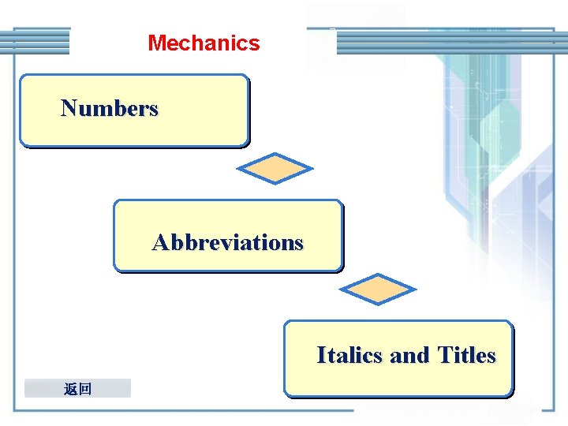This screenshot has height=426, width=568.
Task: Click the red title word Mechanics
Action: (x=204, y=43)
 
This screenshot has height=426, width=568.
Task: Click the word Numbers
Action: (x=110, y=108)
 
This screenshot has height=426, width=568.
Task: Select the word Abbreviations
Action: (x=227, y=242)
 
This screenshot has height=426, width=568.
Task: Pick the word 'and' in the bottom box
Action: (x=409, y=356)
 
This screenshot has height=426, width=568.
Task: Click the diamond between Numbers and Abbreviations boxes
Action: (x=275, y=168)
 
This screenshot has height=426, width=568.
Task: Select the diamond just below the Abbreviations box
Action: (x=381, y=290)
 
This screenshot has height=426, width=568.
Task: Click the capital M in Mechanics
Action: (x=155, y=43)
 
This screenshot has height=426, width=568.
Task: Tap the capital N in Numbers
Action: (x=69, y=108)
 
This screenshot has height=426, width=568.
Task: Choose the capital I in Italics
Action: (x=321, y=356)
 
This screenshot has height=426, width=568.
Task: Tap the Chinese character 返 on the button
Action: (x=71, y=388)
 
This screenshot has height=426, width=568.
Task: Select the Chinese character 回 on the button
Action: (x=85, y=388)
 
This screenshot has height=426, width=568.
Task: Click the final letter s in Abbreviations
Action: (x=298, y=243)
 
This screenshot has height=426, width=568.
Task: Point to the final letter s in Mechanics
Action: (x=255, y=43)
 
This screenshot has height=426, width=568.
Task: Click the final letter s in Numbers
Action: (x=154, y=109)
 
